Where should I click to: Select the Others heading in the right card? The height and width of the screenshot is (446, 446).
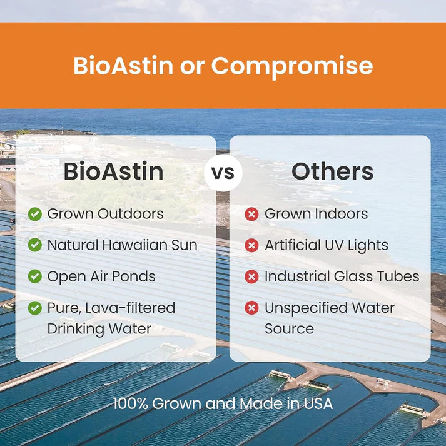click(x=332, y=171)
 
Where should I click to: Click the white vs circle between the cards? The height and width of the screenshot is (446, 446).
click(x=223, y=172)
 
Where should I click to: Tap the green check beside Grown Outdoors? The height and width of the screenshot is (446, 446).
click(x=35, y=214)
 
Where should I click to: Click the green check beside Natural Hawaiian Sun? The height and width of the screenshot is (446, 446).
click(x=35, y=245)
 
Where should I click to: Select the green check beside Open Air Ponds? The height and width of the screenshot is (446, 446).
click(x=35, y=276)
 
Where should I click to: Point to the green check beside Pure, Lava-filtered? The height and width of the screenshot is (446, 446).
click(x=35, y=308)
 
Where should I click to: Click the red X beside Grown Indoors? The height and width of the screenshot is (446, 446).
click(x=251, y=214)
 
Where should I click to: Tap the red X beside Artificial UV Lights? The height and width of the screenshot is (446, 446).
click(x=251, y=245)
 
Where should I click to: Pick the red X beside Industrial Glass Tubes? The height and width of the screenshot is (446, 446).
click(x=251, y=276)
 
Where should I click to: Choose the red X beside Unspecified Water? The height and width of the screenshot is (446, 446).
click(x=251, y=308)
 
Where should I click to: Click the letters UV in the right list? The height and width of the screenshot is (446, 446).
click(x=340, y=245)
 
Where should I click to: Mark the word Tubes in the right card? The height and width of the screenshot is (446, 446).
click(x=398, y=276)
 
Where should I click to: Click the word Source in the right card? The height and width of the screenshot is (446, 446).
click(x=289, y=328)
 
